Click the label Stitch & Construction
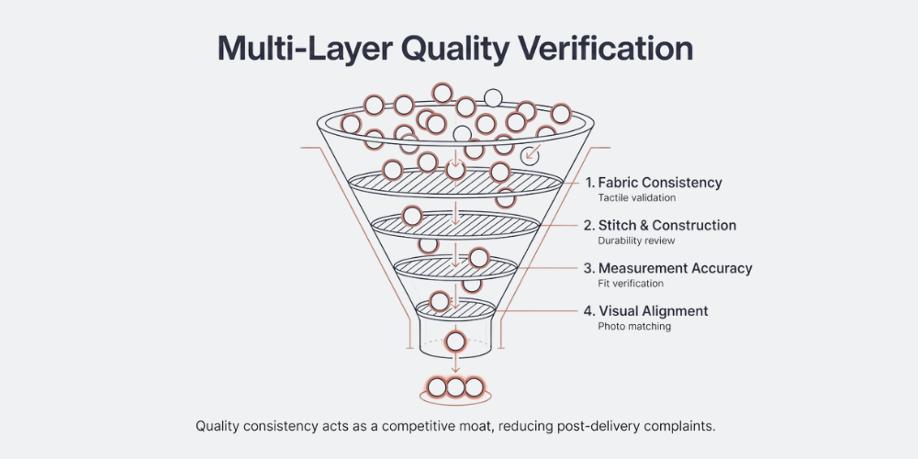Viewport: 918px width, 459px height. click(667, 225)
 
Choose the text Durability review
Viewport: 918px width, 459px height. click(636, 241)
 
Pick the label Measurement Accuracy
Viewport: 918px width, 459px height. click(675, 268)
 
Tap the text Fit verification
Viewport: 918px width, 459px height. click(631, 284)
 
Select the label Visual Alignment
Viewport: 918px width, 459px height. click(653, 311)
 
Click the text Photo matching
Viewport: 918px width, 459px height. click(634, 326)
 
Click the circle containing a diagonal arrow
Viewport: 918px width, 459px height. click(530, 155)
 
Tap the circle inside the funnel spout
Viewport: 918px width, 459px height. click(455, 342)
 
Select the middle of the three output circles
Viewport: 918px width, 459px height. click(455, 387)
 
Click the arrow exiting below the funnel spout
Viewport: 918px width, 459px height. click(455, 365)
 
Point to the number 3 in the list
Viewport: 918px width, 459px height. click(589, 268)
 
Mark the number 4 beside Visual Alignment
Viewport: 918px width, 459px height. click(589, 311)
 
